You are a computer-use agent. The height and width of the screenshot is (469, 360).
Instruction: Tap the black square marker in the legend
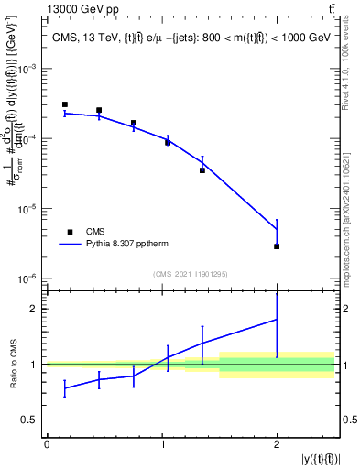(69, 232)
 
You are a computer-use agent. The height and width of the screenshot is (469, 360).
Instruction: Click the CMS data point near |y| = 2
(277, 246)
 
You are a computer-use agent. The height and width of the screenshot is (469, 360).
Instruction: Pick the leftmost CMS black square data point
(65, 104)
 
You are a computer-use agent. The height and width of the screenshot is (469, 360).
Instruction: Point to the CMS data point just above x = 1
(168, 142)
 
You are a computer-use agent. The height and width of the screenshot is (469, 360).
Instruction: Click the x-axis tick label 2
(277, 444)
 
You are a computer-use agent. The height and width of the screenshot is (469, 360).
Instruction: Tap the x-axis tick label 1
(162, 444)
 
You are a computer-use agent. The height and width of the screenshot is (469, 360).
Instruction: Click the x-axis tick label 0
(47, 444)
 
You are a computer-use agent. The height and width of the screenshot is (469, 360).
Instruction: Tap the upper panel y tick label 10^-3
(28, 69)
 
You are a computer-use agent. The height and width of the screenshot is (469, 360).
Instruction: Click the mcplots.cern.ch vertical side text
(352, 211)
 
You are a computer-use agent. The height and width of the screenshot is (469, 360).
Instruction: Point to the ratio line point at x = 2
(277, 319)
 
